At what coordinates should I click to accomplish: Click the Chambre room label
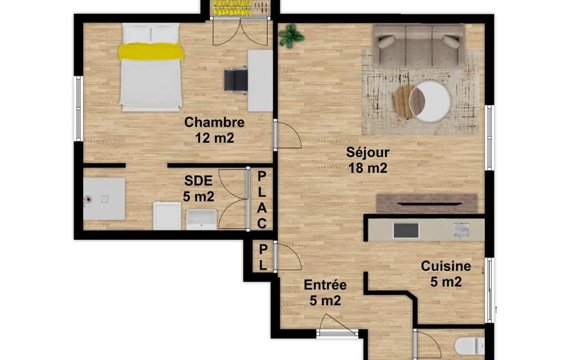(214, 122)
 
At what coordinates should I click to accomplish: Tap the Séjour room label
(367, 152)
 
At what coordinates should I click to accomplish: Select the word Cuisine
(446, 266)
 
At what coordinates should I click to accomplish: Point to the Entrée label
(325, 285)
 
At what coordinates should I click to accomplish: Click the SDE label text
(198, 181)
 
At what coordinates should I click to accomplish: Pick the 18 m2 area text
(368, 168)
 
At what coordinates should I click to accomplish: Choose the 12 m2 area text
(214, 138)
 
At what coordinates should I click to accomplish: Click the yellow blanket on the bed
(151, 51)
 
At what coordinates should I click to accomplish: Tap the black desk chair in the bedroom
(236, 80)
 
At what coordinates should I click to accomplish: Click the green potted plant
(290, 35)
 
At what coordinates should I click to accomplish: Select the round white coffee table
(429, 101)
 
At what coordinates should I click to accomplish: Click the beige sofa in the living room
(418, 45)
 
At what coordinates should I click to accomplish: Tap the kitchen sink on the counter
(462, 230)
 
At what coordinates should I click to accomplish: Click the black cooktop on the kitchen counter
(406, 230)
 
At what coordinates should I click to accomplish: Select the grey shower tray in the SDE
(104, 198)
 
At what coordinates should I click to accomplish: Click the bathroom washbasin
(201, 219)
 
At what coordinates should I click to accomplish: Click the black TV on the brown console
(429, 204)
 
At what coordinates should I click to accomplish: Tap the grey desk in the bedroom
(260, 80)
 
